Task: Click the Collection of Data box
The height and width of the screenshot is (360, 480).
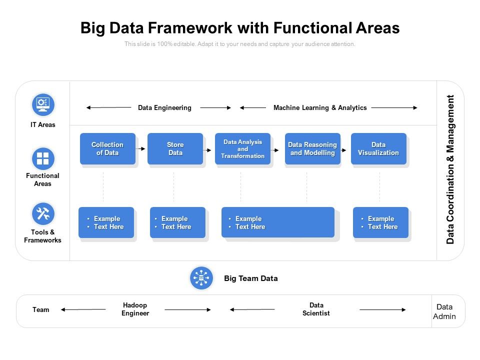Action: coord(107,148)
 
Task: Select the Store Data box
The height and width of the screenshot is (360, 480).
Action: coord(175,148)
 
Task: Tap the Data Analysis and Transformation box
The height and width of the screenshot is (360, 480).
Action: coord(242,148)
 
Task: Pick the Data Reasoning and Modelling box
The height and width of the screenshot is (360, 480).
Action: coord(312,148)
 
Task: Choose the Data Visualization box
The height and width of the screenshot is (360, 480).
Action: coord(378,148)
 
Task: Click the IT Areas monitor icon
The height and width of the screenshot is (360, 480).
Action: coord(43,104)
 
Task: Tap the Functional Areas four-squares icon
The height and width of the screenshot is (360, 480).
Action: coord(43,159)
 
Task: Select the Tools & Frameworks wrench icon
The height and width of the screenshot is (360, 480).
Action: coord(43,214)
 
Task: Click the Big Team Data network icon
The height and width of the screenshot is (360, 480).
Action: coord(201,278)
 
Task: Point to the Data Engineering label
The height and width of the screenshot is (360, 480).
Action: coord(164,107)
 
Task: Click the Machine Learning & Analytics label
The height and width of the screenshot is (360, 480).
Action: coord(320,107)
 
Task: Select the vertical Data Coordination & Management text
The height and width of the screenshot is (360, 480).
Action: coord(450,169)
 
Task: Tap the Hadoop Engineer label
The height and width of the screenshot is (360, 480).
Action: coord(135,309)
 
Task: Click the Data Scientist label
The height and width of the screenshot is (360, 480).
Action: coord(316,309)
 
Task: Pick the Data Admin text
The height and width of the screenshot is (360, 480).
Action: coord(444,311)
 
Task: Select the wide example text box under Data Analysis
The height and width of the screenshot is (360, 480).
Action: coord(277,222)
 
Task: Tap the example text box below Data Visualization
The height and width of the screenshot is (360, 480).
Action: coord(380,222)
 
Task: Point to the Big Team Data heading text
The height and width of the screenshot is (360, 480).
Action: coord(250,278)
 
